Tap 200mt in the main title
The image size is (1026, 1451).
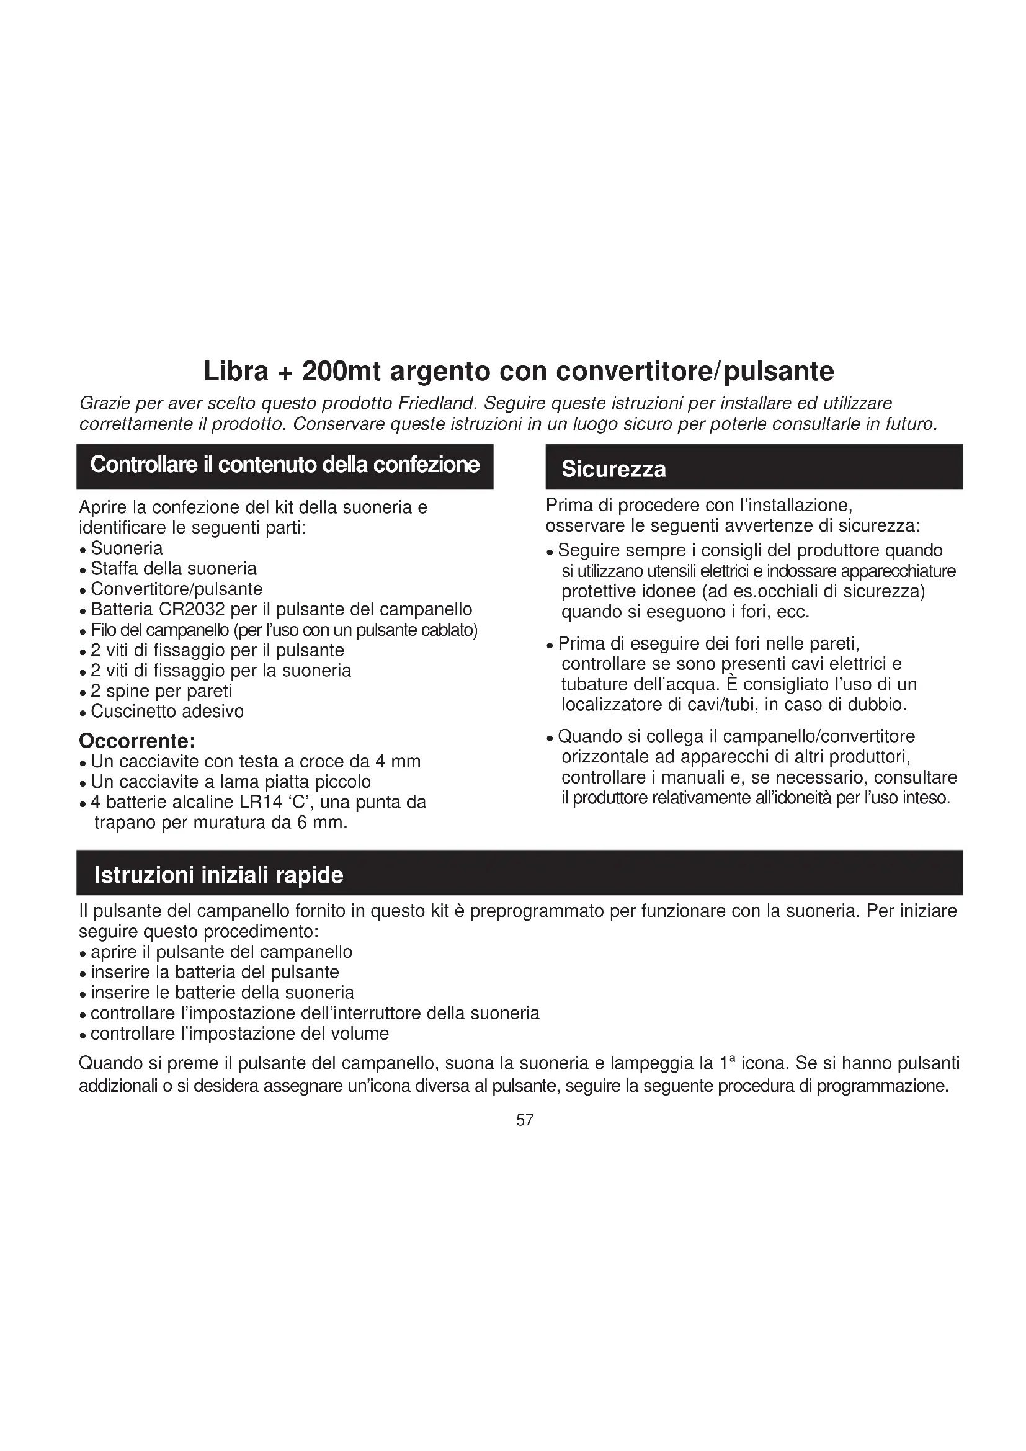[341, 372]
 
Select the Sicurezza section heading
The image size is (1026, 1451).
[613, 470]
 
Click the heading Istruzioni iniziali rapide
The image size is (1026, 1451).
[218, 875]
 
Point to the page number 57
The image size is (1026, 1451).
[525, 1120]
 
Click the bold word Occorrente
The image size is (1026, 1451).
[136, 741]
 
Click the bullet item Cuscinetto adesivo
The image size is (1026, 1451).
[167, 712]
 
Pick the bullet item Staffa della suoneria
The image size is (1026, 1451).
[173, 569]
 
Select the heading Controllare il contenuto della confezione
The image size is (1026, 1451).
[285, 465]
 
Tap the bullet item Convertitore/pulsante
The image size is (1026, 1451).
[176, 589]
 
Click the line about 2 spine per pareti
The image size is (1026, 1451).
[161, 691]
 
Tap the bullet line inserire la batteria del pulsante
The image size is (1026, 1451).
[214, 973]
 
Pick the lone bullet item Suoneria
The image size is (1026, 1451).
[127, 548]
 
